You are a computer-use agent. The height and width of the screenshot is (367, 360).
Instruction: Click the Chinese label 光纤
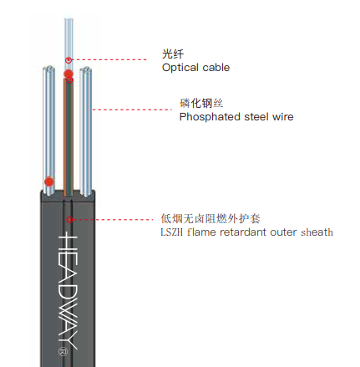click(173, 54)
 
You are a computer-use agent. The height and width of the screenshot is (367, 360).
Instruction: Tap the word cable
click(216, 68)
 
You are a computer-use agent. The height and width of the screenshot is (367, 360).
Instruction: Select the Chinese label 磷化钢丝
click(201, 103)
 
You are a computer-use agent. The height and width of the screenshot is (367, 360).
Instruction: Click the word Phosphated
click(210, 117)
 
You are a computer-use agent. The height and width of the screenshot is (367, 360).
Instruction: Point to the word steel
click(256, 117)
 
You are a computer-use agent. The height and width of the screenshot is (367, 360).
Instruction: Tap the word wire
click(283, 117)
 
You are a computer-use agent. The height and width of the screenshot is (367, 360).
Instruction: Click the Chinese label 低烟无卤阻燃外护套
click(210, 219)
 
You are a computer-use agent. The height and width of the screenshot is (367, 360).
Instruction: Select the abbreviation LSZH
click(171, 232)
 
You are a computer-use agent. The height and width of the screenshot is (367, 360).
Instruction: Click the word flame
click(201, 232)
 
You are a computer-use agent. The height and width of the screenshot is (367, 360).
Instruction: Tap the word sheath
click(317, 232)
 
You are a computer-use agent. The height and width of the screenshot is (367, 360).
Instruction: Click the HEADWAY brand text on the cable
click(68, 290)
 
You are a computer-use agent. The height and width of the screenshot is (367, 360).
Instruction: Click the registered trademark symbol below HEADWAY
click(63, 352)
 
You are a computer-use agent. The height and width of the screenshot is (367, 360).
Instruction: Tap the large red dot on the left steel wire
click(49, 181)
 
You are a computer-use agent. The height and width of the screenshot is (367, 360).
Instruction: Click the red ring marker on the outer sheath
click(69, 220)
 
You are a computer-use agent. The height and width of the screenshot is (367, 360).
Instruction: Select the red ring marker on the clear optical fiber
click(68, 60)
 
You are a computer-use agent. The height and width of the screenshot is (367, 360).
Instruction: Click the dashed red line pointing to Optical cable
click(109, 59)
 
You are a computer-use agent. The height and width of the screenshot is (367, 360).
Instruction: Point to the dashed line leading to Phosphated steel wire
click(132, 110)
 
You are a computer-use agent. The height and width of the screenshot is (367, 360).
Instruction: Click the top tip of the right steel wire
click(86, 68)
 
